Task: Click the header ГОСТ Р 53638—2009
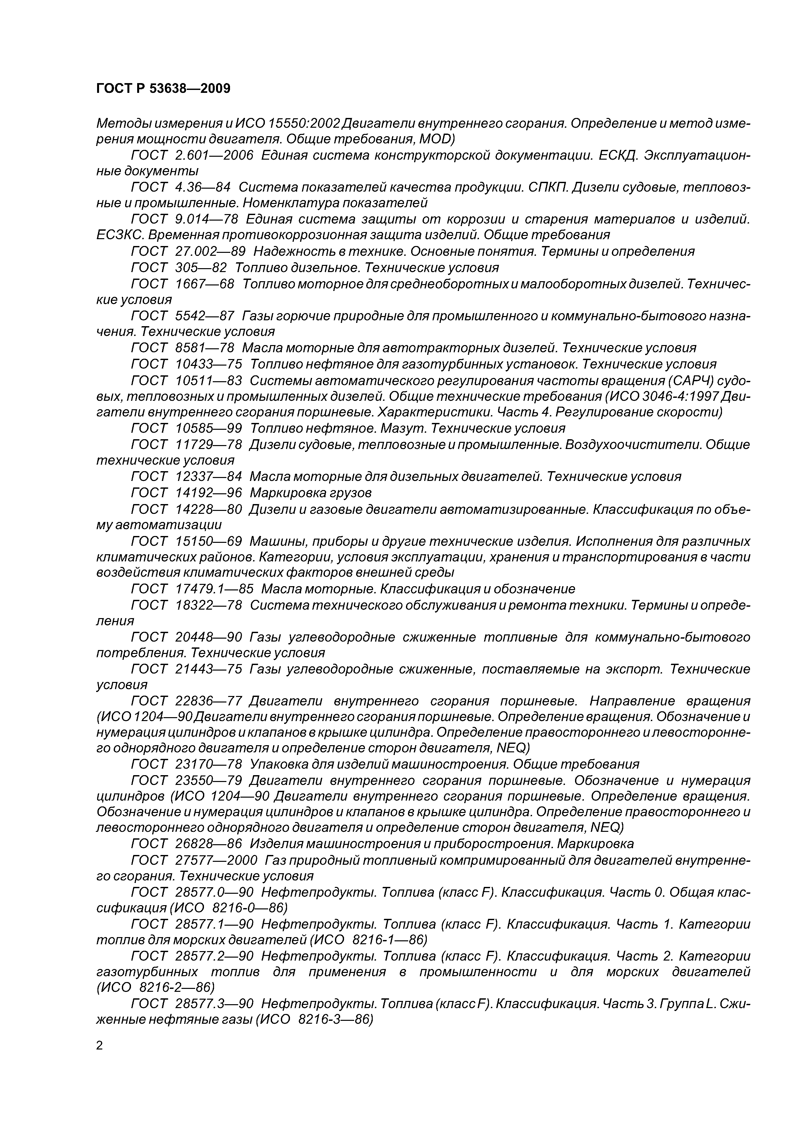click(163, 89)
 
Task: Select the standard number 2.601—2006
click(214, 155)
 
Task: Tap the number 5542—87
click(205, 316)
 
